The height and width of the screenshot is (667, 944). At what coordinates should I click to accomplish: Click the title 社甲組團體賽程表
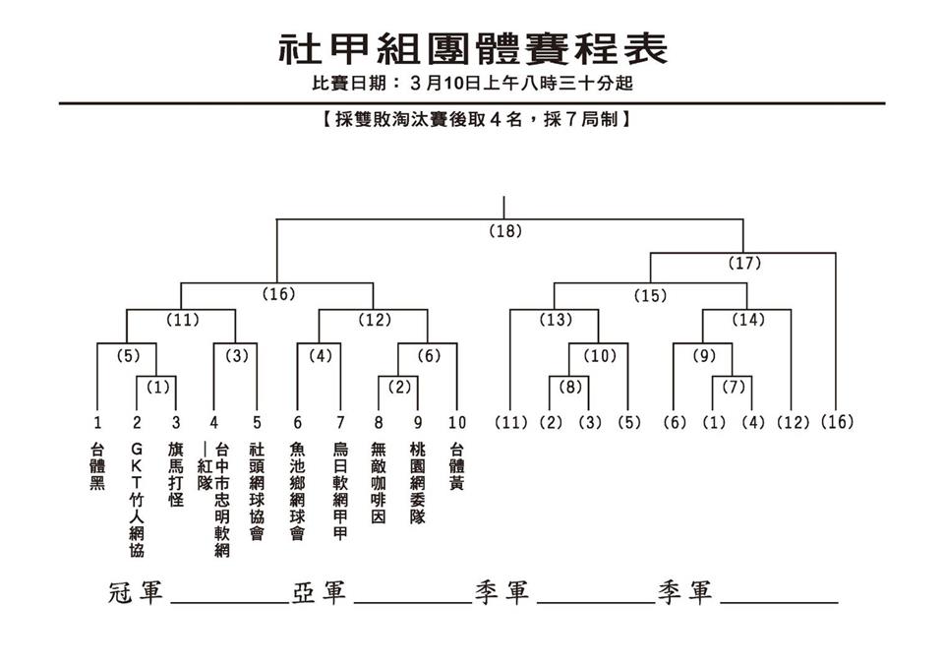coord(472,46)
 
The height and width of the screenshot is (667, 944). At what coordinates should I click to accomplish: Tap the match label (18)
coord(505,232)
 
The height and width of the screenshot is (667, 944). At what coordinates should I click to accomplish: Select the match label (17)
coord(744,263)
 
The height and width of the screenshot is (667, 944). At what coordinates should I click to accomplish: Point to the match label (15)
coord(650,294)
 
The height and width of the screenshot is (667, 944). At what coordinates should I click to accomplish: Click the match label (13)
coord(555,320)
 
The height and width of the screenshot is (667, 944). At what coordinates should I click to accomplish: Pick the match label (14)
coord(748,320)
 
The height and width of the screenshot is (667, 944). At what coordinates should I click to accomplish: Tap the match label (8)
coord(570,388)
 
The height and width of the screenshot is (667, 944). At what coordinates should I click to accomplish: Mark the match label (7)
coord(734,388)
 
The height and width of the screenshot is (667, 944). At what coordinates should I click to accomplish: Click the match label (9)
coord(704,355)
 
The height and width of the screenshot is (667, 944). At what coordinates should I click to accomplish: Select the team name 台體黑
coord(97,466)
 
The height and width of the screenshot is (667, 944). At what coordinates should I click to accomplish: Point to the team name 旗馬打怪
coord(176,474)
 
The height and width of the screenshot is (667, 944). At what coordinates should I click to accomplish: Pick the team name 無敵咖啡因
coord(379,482)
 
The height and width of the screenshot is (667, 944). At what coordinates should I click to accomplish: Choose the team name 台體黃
coord(456,466)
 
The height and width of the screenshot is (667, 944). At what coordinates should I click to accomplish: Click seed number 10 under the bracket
coord(456,423)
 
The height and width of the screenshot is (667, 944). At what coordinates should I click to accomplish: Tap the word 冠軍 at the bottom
coord(136,593)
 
